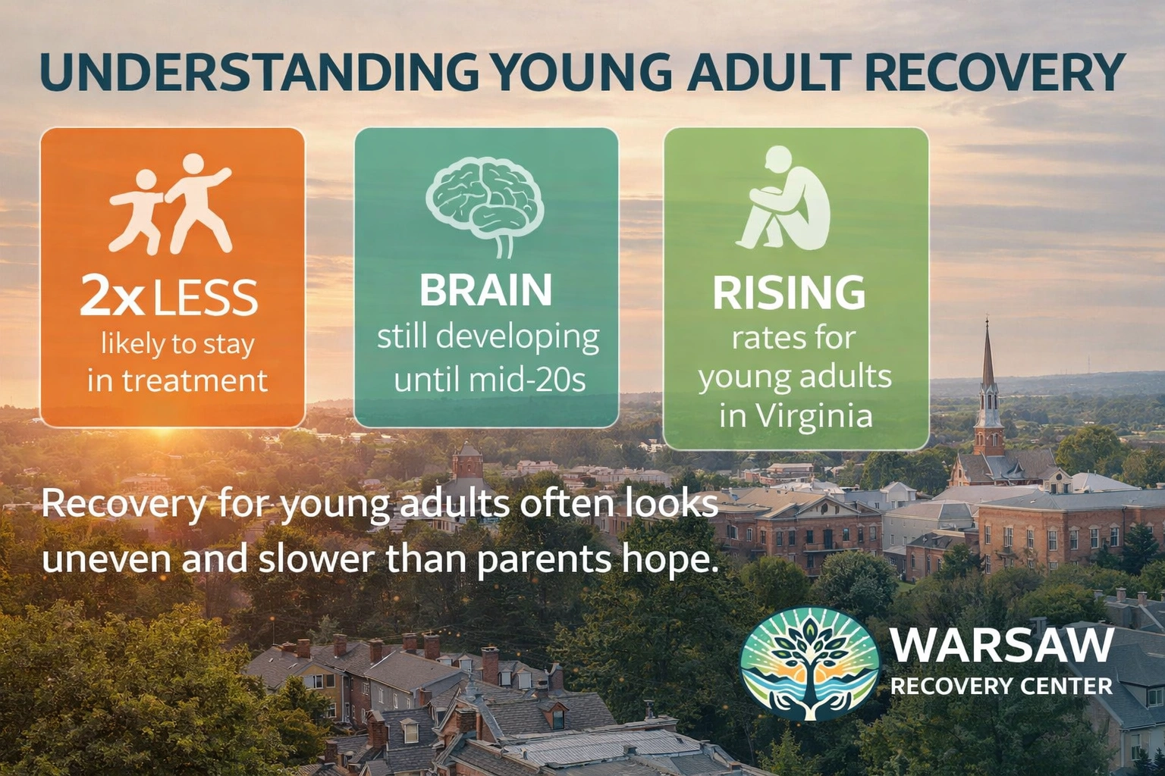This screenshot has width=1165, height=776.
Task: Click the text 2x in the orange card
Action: [111, 298]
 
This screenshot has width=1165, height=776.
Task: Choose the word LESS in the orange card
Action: [206, 298]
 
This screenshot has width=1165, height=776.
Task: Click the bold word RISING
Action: [789, 293]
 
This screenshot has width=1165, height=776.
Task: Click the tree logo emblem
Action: [809, 664]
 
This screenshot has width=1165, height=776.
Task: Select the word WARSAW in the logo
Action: [1001, 646]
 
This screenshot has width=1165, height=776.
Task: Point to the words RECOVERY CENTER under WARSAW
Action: [1001, 687]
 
